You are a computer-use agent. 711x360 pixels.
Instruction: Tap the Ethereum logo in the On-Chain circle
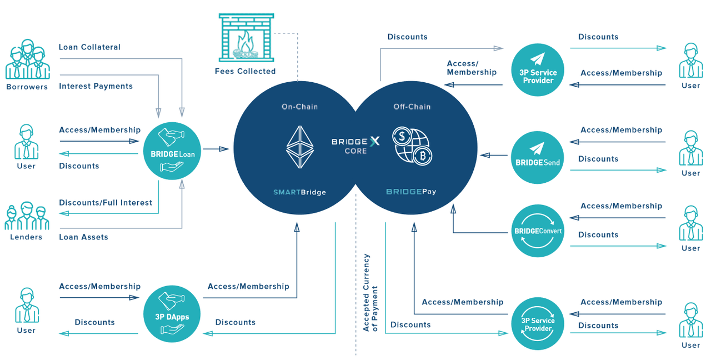(x=300, y=147)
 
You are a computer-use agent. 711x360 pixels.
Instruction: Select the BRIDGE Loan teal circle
(x=172, y=151)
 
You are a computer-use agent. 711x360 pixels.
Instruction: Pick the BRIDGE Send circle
(x=537, y=158)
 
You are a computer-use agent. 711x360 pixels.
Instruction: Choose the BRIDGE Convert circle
(x=537, y=231)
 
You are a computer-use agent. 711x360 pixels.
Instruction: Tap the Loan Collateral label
(x=89, y=47)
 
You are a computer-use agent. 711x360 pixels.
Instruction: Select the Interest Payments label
(x=96, y=86)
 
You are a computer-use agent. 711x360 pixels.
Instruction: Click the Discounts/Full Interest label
(x=106, y=203)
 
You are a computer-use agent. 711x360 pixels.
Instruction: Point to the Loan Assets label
(x=83, y=237)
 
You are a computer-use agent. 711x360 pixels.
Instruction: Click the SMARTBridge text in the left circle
(x=300, y=192)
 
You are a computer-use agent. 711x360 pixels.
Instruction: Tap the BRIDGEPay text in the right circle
(x=411, y=192)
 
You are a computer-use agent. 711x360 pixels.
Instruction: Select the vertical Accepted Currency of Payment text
(x=370, y=293)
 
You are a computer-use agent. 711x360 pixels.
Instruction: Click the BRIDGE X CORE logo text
(x=355, y=146)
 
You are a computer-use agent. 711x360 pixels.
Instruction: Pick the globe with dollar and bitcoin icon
(x=412, y=146)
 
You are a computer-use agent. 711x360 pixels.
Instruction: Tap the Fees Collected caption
(x=245, y=71)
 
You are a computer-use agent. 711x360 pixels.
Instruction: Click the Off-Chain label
(x=412, y=107)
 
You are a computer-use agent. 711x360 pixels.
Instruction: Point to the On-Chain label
(x=300, y=107)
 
